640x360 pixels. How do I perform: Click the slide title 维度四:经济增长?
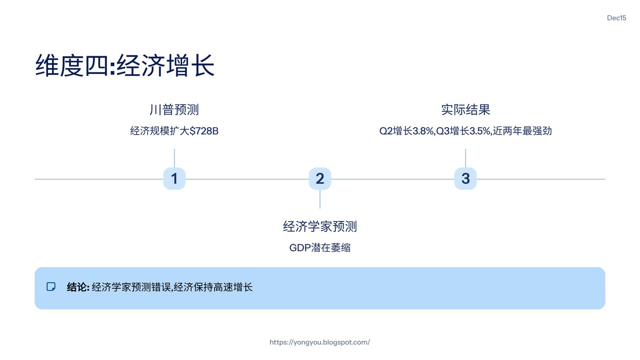(125, 66)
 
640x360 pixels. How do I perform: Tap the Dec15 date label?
(616, 18)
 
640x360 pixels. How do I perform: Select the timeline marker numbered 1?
(174, 179)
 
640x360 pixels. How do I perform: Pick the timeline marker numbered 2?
(320, 179)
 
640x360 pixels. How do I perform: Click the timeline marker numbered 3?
(465, 179)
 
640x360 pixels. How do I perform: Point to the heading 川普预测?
(174, 110)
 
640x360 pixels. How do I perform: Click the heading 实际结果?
(465, 110)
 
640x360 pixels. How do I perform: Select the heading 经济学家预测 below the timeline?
(320, 227)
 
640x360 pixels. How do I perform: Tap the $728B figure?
(204, 131)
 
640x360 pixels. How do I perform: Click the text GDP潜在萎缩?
(320, 248)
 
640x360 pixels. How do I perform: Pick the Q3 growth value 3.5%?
(479, 131)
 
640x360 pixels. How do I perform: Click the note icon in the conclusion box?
(51, 287)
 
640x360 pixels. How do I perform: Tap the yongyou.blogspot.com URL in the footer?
(320, 342)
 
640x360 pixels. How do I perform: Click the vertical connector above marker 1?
(174, 158)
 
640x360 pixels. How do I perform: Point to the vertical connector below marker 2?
(320, 199)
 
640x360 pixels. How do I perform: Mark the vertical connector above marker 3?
(465, 158)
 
